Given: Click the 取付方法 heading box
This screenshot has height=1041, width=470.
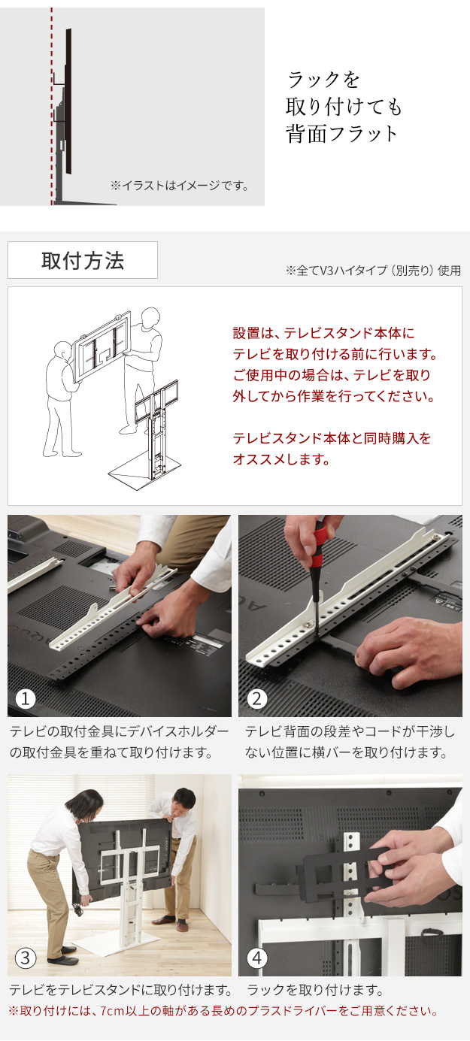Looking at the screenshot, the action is click(x=82, y=260).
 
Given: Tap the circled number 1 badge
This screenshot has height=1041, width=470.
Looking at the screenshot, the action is click(x=26, y=698).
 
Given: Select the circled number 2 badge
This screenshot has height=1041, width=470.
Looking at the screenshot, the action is click(x=257, y=698).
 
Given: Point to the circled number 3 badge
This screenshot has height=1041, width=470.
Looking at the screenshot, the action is click(x=26, y=958).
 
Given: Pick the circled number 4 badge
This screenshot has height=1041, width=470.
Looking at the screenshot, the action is click(x=257, y=958).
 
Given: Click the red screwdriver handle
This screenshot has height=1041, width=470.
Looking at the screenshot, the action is click(x=320, y=538).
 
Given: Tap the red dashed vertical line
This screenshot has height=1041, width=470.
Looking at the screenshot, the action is click(x=51, y=106).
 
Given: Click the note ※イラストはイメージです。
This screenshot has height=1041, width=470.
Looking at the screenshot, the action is click(x=180, y=186).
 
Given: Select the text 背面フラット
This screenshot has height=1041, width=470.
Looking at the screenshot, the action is click(x=341, y=133).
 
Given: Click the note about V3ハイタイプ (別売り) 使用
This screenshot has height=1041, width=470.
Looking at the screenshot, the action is click(x=373, y=270).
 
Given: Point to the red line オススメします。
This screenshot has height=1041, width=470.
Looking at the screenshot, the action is click(x=281, y=459).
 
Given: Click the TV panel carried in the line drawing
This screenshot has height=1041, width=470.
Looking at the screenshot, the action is click(x=102, y=346).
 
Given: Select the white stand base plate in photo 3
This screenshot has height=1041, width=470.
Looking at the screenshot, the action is click(x=117, y=936).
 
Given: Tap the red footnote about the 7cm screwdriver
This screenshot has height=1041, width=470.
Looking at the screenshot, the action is click(x=223, y=1011).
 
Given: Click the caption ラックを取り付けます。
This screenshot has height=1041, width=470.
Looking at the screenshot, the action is click(x=315, y=990).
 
